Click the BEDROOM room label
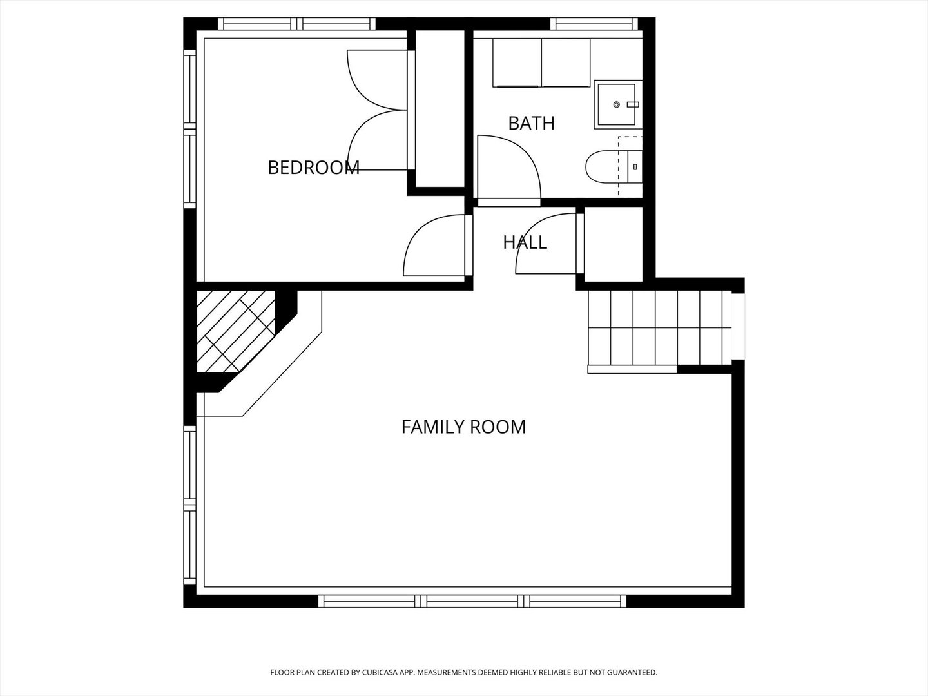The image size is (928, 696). click(313, 168)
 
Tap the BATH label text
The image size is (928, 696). click(531, 123)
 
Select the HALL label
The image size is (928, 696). click(525, 242)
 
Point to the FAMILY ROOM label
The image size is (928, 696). click(463, 427)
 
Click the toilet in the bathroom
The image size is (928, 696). click(613, 167)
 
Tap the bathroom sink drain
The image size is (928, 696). click(617, 104)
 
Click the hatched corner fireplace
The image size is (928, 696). click(235, 331)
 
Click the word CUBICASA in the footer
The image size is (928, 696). click(380, 672)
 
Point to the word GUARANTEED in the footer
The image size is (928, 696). click(632, 672)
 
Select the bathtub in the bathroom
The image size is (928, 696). click(541, 63)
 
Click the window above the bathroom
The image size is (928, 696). click(594, 24)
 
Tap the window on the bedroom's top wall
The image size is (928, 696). click(297, 24)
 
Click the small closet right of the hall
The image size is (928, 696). click(614, 244)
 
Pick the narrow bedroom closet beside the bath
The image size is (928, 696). click(440, 108)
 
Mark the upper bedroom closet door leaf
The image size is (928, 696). click(376, 80)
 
